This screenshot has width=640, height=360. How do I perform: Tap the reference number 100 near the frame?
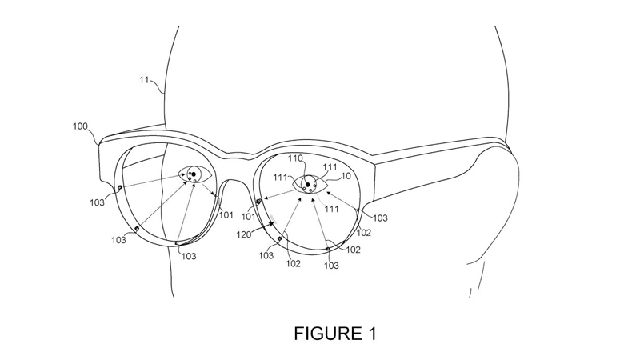pyautogui.click(x=80, y=126)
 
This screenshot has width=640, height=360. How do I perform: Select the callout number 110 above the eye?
pyautogui.click(x=295, y=158)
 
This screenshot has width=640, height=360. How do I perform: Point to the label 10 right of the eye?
pyautogui.click(x=346, y=177)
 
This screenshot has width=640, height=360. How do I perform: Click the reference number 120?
pyautogui.click(x=245, y=235)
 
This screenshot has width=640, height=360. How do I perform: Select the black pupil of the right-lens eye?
pyautogui.click(x=307, y=185)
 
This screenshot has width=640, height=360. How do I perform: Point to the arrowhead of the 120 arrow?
pyautogui.click(x=273, y=226)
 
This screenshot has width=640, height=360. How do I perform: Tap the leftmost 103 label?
pyautogui.click(x=97, y=202)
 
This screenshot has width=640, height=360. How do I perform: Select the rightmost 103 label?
pyautogui.click(x=380, y=218)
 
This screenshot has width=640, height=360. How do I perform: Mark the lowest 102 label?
pyautogui.click(x=292, y=264)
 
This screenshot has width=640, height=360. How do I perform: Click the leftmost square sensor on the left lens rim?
pyautogui.click(x=119, y=189)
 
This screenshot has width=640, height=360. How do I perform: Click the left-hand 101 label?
pyautogui.click(x=226, y=214)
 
